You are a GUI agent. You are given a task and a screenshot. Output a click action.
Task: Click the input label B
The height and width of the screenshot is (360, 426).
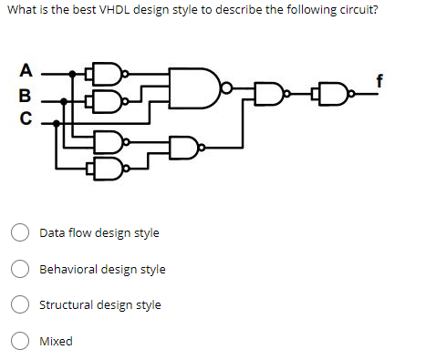26,93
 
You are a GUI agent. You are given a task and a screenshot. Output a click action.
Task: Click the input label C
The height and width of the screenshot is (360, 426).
26,117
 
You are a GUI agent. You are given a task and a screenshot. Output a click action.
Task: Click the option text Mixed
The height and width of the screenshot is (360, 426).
56,342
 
